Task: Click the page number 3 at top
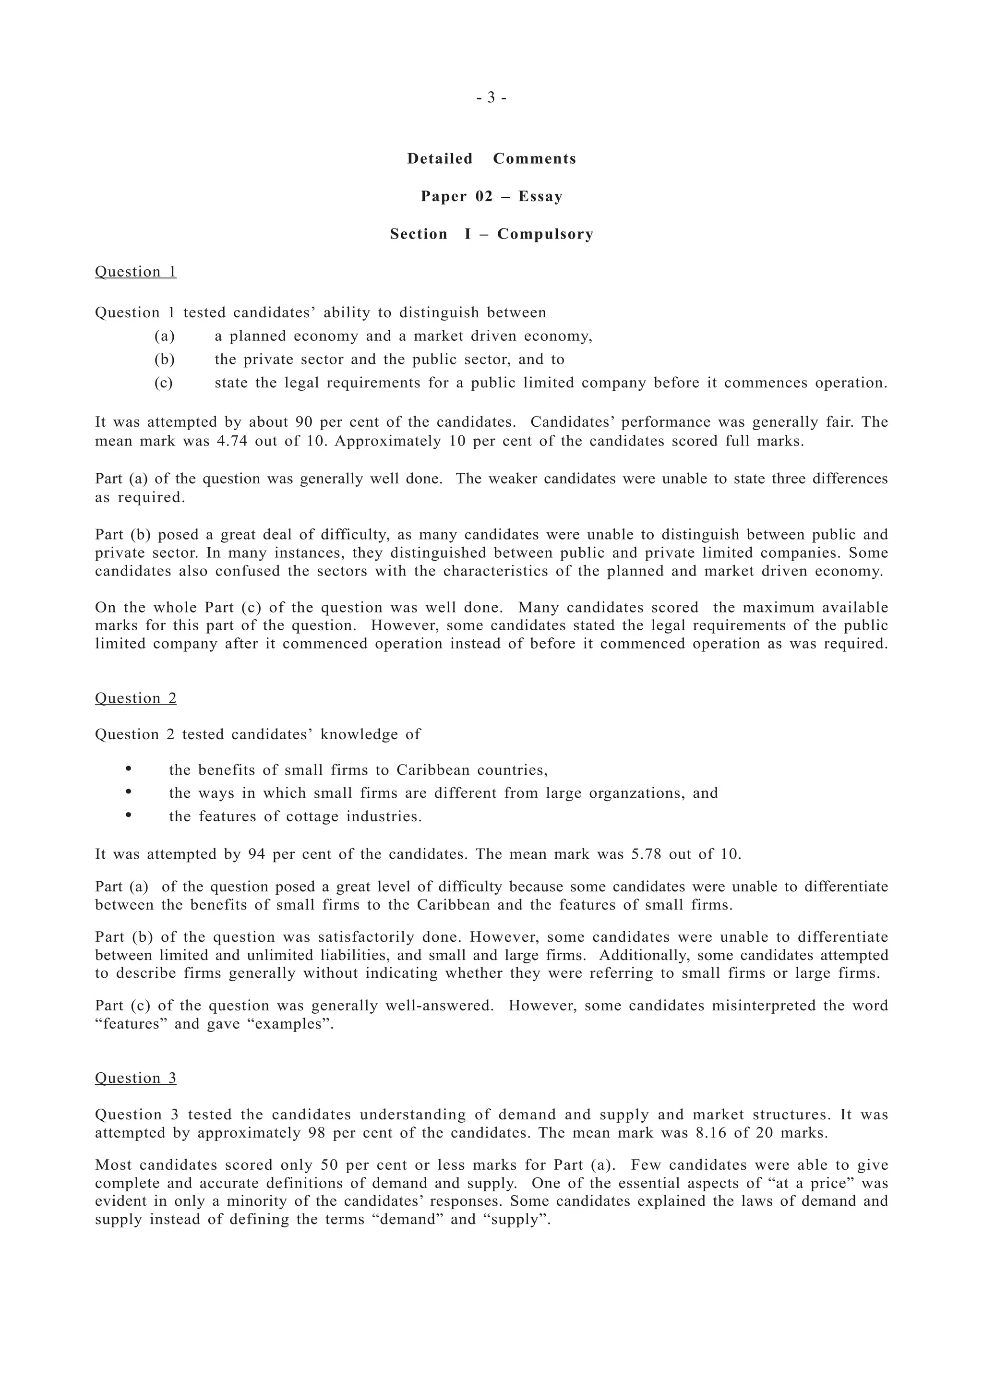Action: pos(491,97)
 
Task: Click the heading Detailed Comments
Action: pos(491,159)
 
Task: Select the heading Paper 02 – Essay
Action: pos(491,196)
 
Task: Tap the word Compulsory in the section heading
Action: pos(545,234)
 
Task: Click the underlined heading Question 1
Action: pos(136,272)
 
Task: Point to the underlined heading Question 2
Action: pos(136,698)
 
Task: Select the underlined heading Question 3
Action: pos(136,1079)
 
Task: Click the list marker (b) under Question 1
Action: pos(164,360)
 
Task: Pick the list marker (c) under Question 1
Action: pos(164,384)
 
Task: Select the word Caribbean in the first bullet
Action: pos(433,771)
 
